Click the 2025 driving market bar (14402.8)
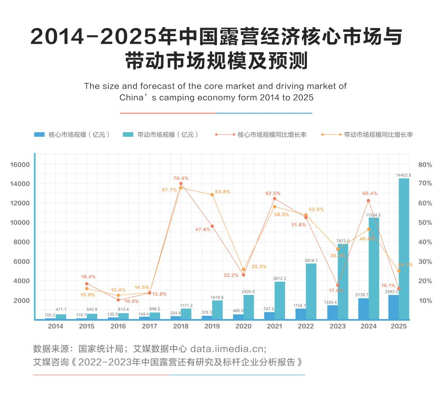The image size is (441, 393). pos(404,248)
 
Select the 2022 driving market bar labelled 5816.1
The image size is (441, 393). pos(311,291)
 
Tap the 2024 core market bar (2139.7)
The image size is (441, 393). pos(363,309)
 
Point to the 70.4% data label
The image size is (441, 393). pos(181,178)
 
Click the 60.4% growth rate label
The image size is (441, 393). pos(370,194)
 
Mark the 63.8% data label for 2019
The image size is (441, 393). pos(222,192)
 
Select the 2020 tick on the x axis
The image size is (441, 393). pos(243,326)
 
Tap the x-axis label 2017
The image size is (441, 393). pos(149,326)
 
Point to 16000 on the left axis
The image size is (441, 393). pos(20,165)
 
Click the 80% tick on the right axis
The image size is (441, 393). pos(425,165)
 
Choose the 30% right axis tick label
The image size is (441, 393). pos(425,261)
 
